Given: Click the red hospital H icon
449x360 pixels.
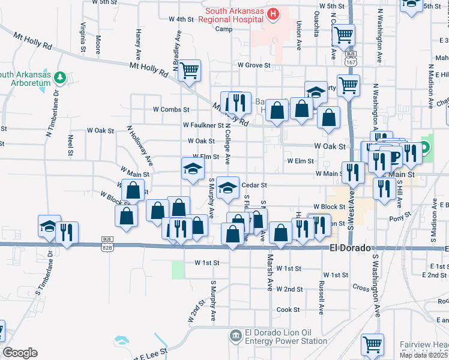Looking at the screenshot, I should point(274,13).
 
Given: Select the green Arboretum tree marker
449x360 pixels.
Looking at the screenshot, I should point(59,77).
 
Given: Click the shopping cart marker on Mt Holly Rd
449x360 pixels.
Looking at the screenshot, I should point(190,71).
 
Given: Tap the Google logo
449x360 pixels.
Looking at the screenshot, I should point(20,353).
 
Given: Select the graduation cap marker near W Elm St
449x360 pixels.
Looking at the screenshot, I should point(193,168).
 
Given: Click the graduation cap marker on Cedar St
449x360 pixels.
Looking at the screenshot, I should point(227,188).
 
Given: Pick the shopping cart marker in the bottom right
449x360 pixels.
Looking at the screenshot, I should point(372,345).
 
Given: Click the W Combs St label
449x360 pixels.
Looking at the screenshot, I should point(171,110).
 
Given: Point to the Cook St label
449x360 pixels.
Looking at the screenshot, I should point(288,310).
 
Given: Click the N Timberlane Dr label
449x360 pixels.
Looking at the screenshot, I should point(59,114).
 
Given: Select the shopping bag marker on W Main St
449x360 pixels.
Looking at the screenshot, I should point(133,191).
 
